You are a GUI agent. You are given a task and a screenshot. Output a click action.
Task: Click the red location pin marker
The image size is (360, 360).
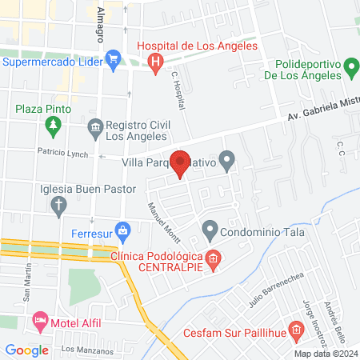pyautogui.click(x=180, y=164)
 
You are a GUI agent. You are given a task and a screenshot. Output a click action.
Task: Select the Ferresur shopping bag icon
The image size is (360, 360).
pyautogui.click(x=122, y=232)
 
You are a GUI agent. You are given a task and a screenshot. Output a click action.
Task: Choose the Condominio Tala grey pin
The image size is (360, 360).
pyautogui.click(x=210, y=231)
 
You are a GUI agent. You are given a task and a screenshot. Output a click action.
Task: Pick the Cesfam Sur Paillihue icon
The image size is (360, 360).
pyautogui.click(x=295, y=329)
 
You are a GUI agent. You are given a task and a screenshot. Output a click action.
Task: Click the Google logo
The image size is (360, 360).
pyautogui.click(x=26, y=349)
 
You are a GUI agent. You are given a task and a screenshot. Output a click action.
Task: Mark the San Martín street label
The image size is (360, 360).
pyautogui.click(x=26, y=282)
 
